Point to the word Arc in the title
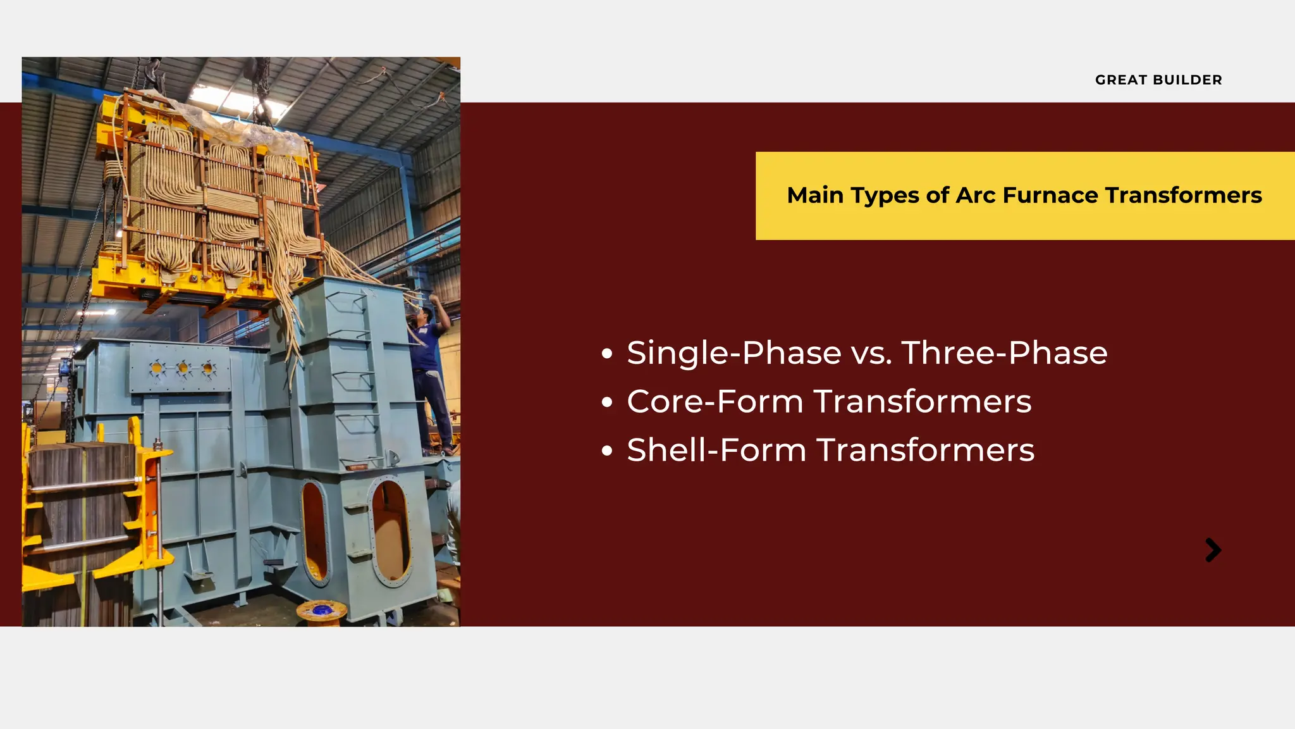coord(976,196)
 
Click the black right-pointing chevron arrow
coord(1213,550)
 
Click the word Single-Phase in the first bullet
coord(734,353)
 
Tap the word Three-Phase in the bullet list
coord(1004,353)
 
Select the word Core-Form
coord(715,402)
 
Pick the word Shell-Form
coord(716,451)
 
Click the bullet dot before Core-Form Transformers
coord(607,402)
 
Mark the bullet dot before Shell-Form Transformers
coord(607,451)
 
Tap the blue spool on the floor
coord(322,611)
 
